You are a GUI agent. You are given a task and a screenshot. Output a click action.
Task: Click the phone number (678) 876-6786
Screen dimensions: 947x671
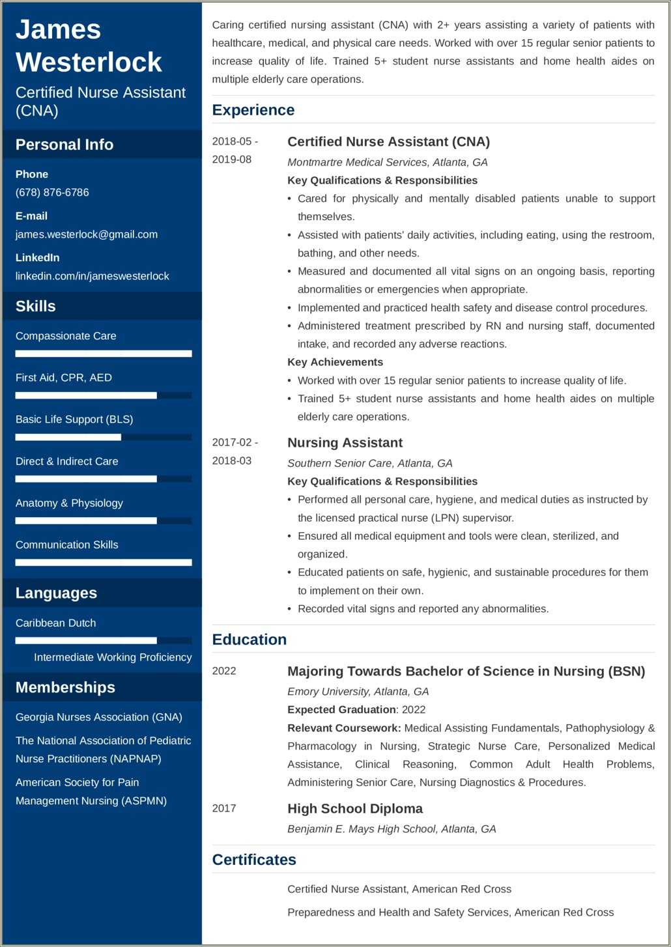(52, 192)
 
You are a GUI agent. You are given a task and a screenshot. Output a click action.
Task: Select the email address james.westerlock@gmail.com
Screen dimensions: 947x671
(87, 234)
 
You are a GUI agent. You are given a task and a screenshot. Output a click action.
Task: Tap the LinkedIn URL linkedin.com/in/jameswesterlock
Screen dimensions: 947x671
(92, 276)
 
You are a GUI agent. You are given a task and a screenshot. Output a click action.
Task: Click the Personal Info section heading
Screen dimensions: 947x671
(64, 145)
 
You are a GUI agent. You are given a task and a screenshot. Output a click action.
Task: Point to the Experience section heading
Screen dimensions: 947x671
(253, 110)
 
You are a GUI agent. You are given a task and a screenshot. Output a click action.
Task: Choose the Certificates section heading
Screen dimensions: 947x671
(254, 860)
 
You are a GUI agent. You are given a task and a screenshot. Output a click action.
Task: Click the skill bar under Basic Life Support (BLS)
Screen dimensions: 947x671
(103, 437)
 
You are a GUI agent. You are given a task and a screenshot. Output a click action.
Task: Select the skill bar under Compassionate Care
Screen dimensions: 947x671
(103, 354)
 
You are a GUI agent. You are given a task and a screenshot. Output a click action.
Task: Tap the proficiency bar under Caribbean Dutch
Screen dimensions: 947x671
(103, 640)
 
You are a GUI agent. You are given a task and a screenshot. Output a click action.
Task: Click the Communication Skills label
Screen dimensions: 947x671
(67, 544)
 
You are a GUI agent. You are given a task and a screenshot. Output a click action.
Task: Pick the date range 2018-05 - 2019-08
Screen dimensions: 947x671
(235, 150)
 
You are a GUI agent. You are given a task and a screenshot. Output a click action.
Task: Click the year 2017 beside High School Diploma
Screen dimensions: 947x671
(224, 808)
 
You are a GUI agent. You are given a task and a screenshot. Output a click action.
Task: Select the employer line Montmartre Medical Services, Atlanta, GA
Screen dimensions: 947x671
(388, 162)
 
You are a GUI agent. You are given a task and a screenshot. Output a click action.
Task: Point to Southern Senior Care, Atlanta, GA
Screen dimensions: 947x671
(370, 463)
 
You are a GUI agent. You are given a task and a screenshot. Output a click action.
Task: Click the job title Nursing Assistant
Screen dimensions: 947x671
(345, 443)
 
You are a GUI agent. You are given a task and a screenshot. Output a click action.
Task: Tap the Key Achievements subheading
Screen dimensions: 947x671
(335, 362)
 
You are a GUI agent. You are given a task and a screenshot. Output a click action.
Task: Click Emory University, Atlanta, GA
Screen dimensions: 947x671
(358, 692)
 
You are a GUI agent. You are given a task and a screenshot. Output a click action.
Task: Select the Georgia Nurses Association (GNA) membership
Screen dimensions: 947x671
(99, 717)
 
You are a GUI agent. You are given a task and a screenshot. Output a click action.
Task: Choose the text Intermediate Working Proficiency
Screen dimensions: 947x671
(113, 657)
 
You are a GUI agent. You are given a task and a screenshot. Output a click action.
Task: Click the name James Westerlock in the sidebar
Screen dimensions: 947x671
(89, 46)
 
